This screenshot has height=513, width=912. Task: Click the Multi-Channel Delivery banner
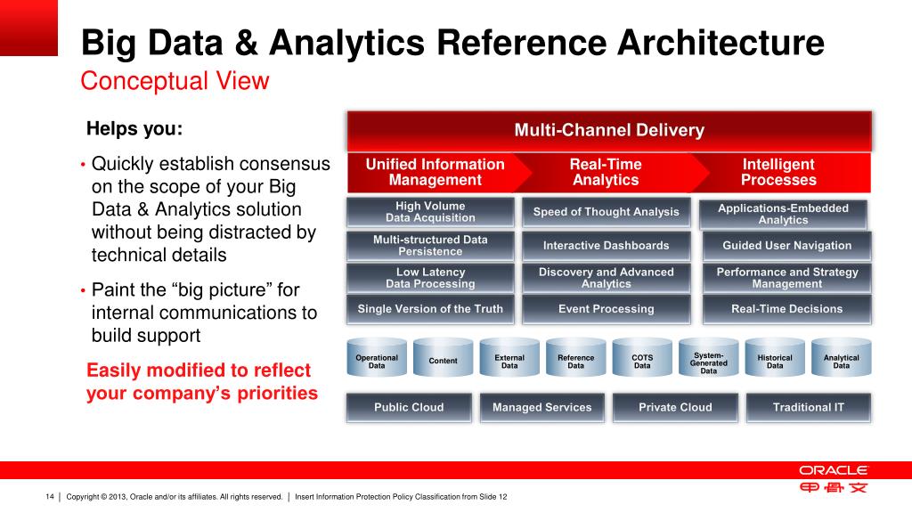(609, 131)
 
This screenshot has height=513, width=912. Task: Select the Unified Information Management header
(435, 172)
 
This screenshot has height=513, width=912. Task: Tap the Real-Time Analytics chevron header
(606, 172)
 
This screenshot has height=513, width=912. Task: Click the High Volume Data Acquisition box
(430, 212)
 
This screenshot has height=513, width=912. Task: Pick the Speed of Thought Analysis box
(606, 212)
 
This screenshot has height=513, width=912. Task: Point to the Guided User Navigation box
(786, 245)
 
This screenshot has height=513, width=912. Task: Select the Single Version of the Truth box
(430, 309)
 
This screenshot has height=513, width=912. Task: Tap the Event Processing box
(606, 309)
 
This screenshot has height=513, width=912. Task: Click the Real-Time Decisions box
(786, 309)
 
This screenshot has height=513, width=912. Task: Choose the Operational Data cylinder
(377, 361)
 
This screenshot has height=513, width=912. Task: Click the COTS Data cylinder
(642, 361)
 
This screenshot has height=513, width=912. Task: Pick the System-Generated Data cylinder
(709, 361)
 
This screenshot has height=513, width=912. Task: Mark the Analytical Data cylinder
(841, 361)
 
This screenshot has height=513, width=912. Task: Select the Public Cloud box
(409, 407)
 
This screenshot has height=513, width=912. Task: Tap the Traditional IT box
(808, 407)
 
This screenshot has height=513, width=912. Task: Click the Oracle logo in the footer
(833, 470)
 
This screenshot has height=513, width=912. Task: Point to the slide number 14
(50, 496)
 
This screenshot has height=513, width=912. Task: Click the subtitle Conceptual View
(175, 81)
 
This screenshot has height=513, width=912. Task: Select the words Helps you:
(134, 129)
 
